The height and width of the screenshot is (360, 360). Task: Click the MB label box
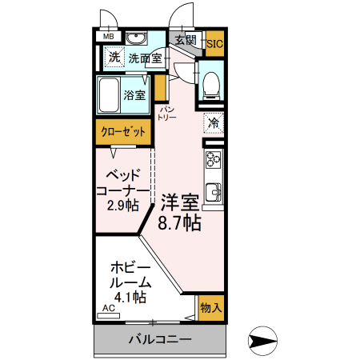tap(108, 35)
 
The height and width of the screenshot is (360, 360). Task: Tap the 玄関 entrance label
tap(186, 39)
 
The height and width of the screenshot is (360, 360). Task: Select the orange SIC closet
tap(214, 45)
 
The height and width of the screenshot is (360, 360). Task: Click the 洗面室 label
tap(146, 58)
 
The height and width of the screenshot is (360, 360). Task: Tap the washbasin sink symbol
tap(137, 38)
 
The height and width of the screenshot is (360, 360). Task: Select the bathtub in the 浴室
tap(109, 96)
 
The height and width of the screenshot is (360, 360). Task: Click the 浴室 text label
tap(134, 96)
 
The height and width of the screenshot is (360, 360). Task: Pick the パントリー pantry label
tap(166, 113)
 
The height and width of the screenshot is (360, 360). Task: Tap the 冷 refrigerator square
tap(214, 123)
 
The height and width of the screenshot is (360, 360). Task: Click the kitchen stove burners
tap(214, 160)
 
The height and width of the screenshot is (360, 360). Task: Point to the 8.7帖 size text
tap(179, 223)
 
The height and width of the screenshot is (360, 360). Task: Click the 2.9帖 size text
tap(122, 206)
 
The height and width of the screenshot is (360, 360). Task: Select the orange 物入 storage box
tap(211, 307)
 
